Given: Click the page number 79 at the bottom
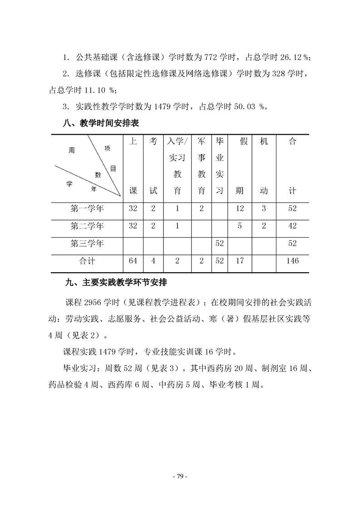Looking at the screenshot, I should [x=180, y=477].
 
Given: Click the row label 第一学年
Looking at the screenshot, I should [x=87, y=209].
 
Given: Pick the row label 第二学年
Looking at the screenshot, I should [x=87, y=226].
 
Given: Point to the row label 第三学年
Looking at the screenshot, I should [x=87, y=244].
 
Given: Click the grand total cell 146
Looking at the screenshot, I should [x=292, y=261].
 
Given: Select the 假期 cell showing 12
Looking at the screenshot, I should [x=240, y=209].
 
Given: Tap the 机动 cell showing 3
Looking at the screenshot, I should [x=264, y=209].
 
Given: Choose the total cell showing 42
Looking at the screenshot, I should [x=292, y=226].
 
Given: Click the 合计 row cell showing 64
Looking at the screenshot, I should [x=133, y=261].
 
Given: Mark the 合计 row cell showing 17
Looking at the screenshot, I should [x=240, y=261].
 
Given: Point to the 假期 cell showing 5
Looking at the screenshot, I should [x=240, y=226].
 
